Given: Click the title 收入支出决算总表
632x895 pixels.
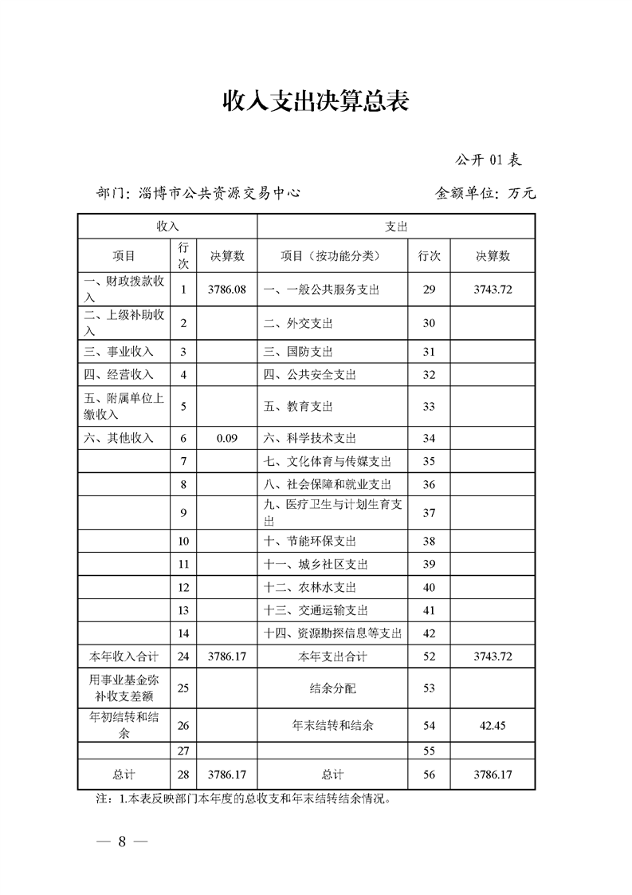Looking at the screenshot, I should (x=316, y=101).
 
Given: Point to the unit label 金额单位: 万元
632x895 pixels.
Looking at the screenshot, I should (x=485, y=193).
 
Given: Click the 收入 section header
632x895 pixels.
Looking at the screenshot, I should (x=167, y=227).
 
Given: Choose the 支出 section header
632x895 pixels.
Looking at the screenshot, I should (x=396, y=227).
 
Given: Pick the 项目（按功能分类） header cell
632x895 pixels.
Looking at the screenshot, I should (x=331, y=256).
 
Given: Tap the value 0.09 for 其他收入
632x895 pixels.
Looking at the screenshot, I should (x=227, y=438).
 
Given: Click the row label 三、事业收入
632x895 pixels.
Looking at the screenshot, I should (x=119, y=352).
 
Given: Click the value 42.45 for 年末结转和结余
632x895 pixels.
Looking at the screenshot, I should (x=493, y=726).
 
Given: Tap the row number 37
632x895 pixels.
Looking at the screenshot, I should (x=429, y=512).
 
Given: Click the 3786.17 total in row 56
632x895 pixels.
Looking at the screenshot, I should (x=493, y=774).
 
